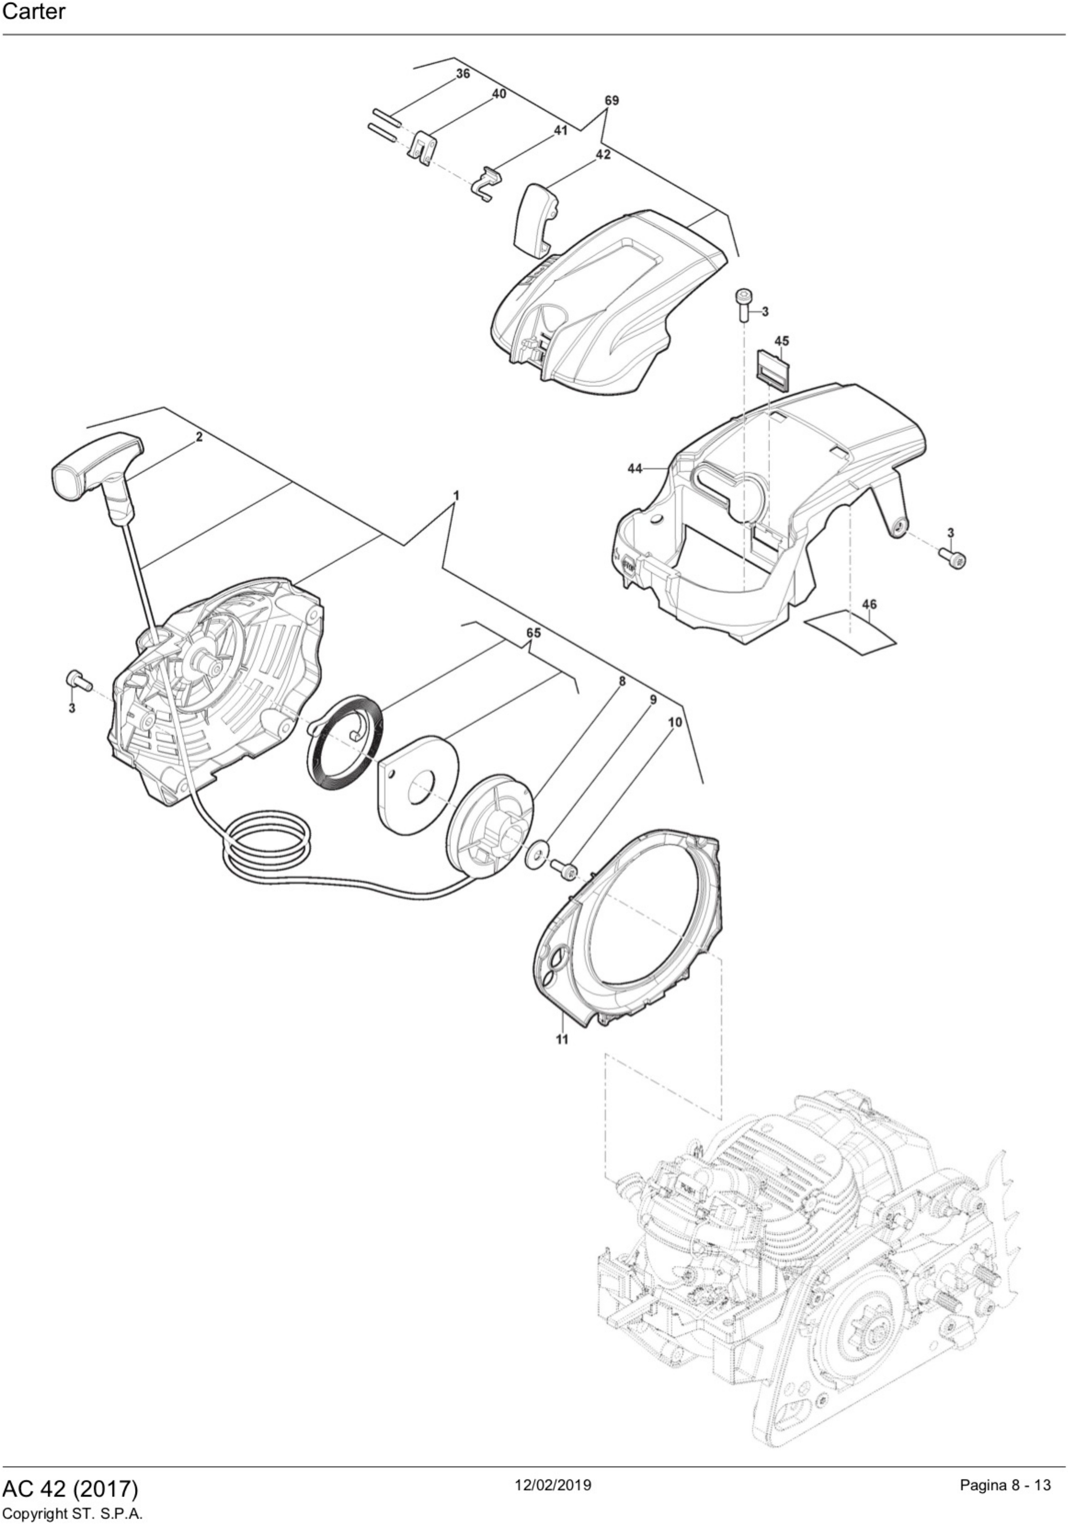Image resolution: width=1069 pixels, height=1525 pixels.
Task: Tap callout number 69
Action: click(x=611, y=100)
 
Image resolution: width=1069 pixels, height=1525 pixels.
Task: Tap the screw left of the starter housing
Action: click(x=78, y=679)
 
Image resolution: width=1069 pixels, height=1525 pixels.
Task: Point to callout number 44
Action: click(x=635, y=468)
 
